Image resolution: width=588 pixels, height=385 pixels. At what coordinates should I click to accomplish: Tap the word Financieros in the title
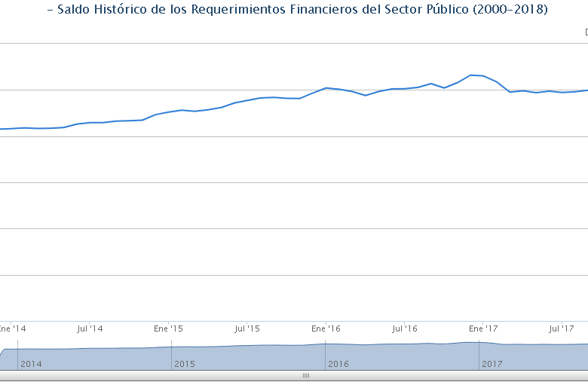click(324, 10)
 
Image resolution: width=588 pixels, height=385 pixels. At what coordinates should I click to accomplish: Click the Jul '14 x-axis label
click(90, 329)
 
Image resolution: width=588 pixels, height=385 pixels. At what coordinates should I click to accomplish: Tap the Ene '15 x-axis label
click(168, 329)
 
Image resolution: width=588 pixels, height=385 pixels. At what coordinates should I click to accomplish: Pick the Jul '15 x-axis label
click(247, 329)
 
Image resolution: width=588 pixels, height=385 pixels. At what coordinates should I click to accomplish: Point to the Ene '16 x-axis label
click(326, 329)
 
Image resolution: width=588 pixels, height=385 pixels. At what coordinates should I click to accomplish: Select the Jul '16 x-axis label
click(405, 329)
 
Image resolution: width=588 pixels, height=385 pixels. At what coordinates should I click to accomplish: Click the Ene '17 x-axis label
click(483, 329)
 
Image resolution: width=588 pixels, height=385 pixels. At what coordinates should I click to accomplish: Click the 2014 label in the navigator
click(32, 364)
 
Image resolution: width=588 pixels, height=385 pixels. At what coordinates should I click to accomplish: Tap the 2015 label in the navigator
click(185, 364)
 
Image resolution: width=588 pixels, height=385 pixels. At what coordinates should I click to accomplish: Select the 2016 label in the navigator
click(338, 364)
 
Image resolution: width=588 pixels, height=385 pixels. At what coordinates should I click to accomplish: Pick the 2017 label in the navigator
click(492, 364)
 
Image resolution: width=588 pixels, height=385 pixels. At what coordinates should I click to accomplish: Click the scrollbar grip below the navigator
click(305, 374)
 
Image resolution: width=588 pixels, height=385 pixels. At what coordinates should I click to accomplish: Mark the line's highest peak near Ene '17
click(470, 75)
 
